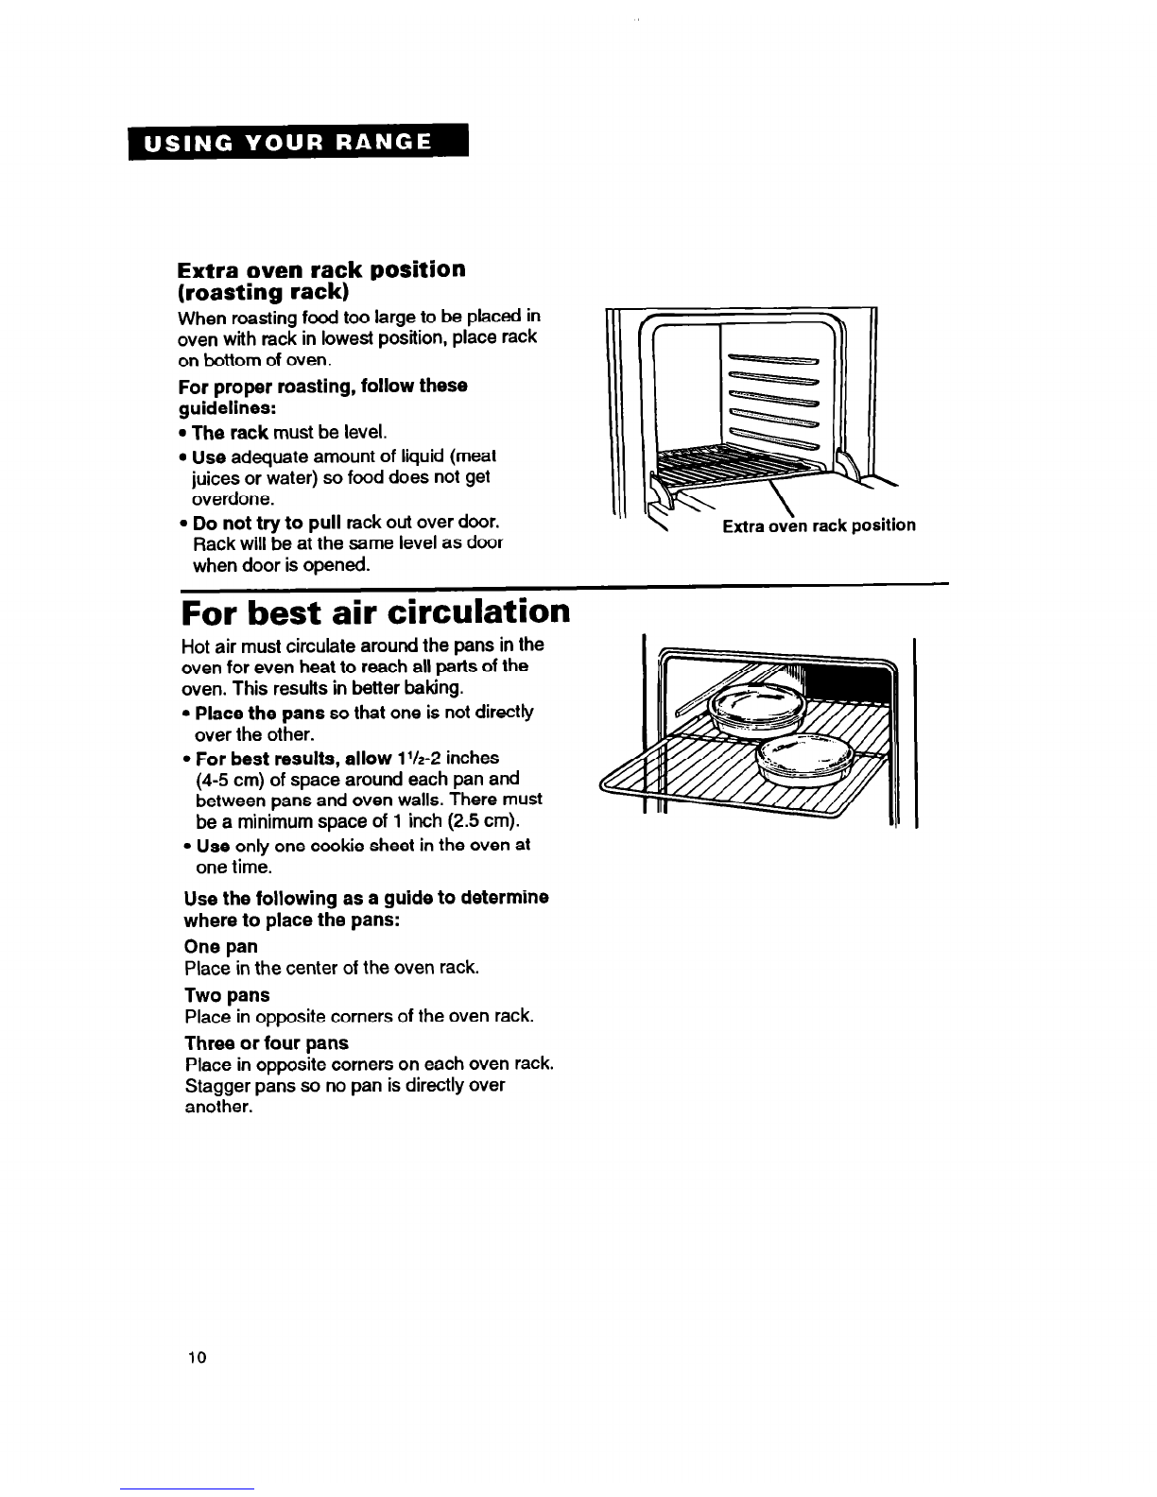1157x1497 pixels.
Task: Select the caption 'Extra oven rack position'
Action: click(819, 525)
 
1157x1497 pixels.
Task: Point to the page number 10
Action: click(197, 1357)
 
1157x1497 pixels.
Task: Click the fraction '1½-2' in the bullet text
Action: click(412, 758)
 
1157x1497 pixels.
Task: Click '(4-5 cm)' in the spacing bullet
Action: click(226, 779)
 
